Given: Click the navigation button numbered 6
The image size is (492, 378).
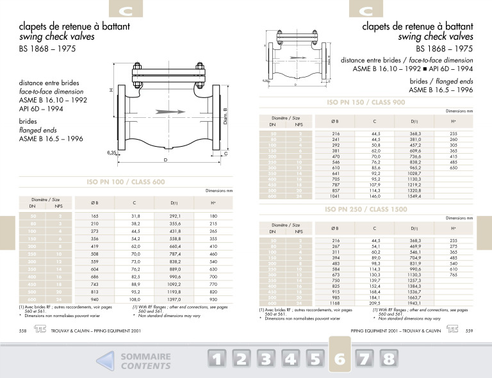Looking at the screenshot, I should tap(340, 359).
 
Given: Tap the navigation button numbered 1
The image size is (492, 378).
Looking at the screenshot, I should tap(218, 359).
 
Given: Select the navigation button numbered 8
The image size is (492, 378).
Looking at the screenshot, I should tap(388, 359).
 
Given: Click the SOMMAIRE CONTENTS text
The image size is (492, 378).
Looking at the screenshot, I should tap(145, 361).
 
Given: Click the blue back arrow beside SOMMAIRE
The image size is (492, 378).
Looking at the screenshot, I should tap(106, 361).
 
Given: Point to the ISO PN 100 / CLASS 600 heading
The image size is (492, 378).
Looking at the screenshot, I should tap(126, 182).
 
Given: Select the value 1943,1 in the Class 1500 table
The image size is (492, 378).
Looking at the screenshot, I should tap(417, 304).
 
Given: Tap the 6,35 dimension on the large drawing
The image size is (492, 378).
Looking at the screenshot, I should tap(113, 152).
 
